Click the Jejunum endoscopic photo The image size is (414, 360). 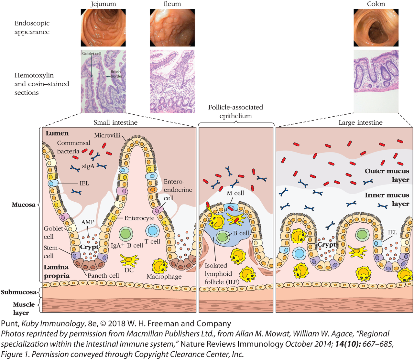point(103,28)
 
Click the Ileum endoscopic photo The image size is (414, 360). point(172,28)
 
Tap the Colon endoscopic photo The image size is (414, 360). point(376,28)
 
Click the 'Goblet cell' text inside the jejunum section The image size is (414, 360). point(92,54)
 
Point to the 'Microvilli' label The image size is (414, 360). point(107,135)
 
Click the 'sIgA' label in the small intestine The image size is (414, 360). point(88,166)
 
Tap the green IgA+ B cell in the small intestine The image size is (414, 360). point(126,234)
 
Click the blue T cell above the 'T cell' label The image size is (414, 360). point(152,231)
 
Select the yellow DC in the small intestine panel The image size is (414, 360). point(129,260)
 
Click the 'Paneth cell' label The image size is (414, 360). point(103,275)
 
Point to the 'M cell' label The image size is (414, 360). point(235,193)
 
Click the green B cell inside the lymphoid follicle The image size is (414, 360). point(222,237)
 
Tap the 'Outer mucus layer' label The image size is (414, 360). point(387,175)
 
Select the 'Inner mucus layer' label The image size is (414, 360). point(387,199)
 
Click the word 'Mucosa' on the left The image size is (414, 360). point(24,205)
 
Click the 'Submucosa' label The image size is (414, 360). point(18,292)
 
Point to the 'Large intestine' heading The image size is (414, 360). point(360,122)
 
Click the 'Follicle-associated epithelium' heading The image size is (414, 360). point(235,111)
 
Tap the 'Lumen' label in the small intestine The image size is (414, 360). point(57,133)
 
